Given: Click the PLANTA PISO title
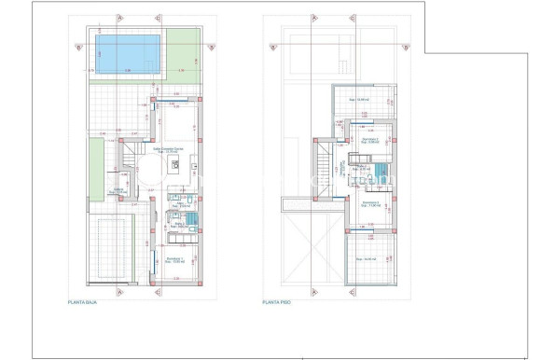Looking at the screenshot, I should click(277, 302).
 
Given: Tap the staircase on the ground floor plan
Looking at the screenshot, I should click(129, 167).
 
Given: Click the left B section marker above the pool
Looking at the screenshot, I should click(80, 47).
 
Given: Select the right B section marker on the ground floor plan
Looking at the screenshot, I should click(212, 47).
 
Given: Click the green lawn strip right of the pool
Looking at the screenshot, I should click(183, 55).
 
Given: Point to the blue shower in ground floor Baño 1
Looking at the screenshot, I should click(190, 220).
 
